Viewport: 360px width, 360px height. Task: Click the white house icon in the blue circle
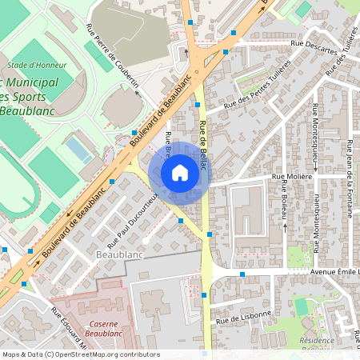point(180,172)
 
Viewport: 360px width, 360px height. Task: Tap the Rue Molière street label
point(291,177)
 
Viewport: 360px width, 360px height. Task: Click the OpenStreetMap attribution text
point(80,354)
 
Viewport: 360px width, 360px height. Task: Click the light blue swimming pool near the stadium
point(78,150)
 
